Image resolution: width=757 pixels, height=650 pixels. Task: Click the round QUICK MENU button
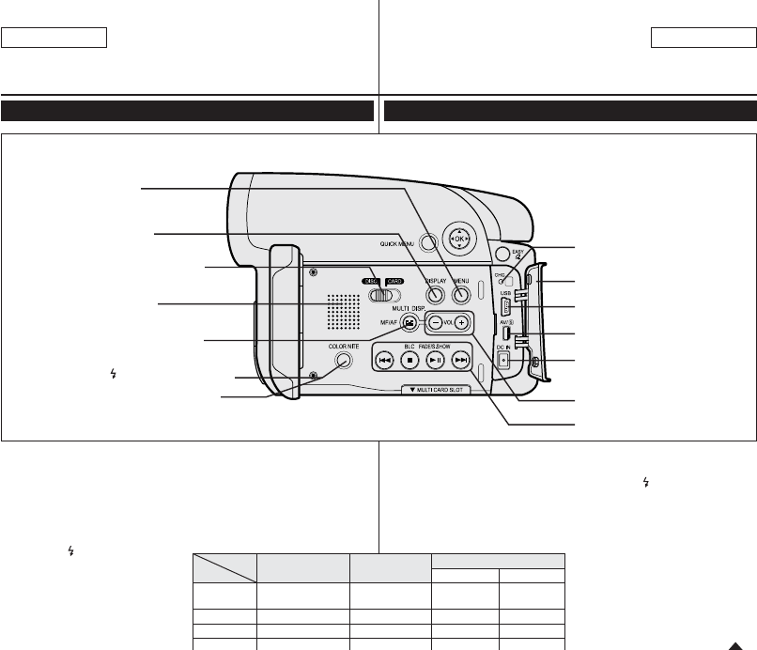tap(429, 243)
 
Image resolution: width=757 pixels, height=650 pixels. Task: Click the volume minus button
tap(437, 322)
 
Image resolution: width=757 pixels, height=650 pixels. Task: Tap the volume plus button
tap(461, 322)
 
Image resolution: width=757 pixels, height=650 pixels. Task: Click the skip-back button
tap(385, 360)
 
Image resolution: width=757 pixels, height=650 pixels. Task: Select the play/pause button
tap(435, 360)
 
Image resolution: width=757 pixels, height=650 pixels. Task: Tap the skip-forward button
tap(460, 360)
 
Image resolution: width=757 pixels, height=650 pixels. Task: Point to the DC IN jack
tap(504, 359)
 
